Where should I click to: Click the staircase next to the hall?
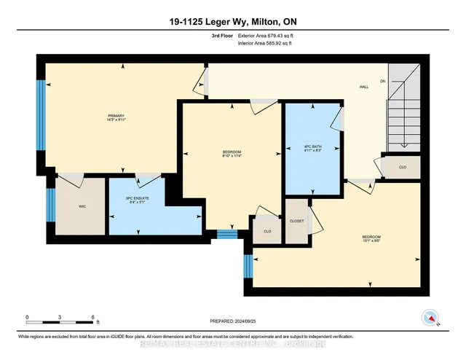click(404, 109)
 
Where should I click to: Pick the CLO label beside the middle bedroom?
click(268, 231)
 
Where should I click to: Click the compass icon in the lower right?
click(430, 317)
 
